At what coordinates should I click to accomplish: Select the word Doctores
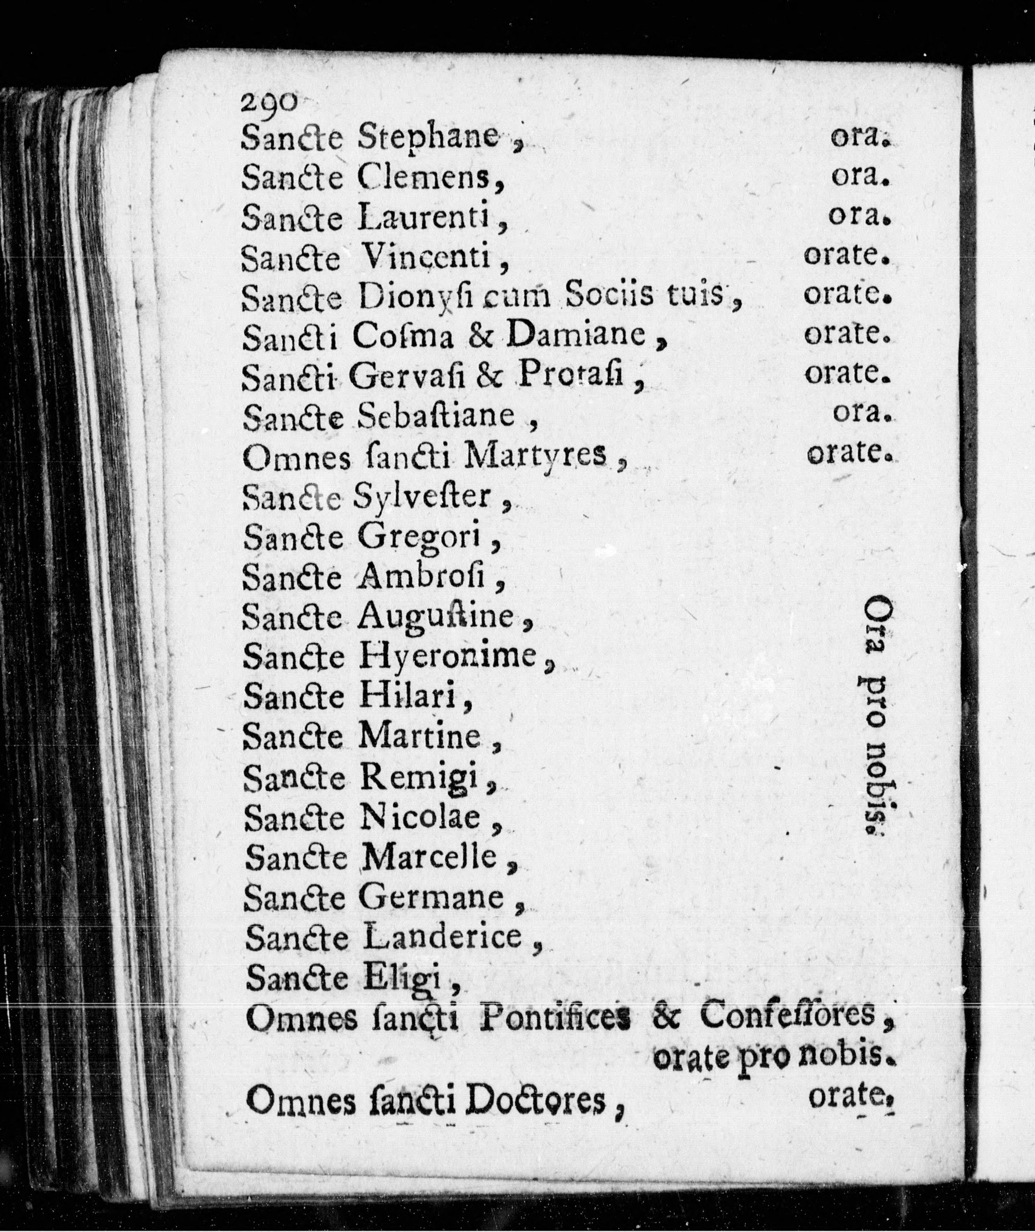(534, 1102)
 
